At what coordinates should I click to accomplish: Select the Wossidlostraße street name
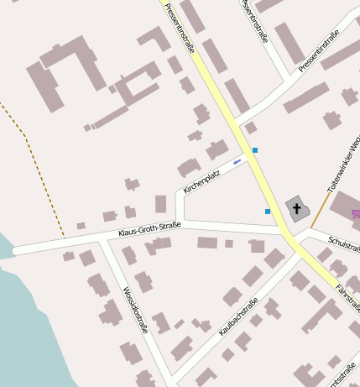pyautogui.click(x=135, y=310)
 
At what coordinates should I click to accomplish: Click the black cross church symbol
pyautogui.click(x=296, y=207)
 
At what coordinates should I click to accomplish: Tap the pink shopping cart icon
pyautogui.click(x=357, y=213)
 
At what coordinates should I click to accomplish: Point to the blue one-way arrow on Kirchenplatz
pyautogui.click(x=237, y=161)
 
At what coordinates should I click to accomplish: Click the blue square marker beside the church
pyautogui.click(x=268, y=212)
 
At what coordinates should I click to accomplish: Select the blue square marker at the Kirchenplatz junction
pyautogui.click(x=255, y=150)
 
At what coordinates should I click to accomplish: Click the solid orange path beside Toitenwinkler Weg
pyautogui.click(x=321, y=201)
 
